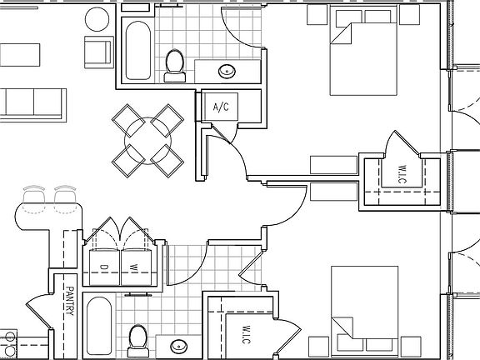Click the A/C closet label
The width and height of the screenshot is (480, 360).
pyautogui.click(x=221, y=107)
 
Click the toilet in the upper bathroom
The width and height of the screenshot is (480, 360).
pyautogui.click(x=175, y=65)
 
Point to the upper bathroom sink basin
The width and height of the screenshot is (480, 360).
pyautogui.click(x=226, y=71)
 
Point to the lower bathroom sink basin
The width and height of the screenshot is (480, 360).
pyautogui.click(x=180, y=345)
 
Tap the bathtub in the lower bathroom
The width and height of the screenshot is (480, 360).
pyautogui.click(x=99, y=327)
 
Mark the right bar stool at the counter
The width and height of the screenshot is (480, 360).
pyautogui.click(x=66, y=197)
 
